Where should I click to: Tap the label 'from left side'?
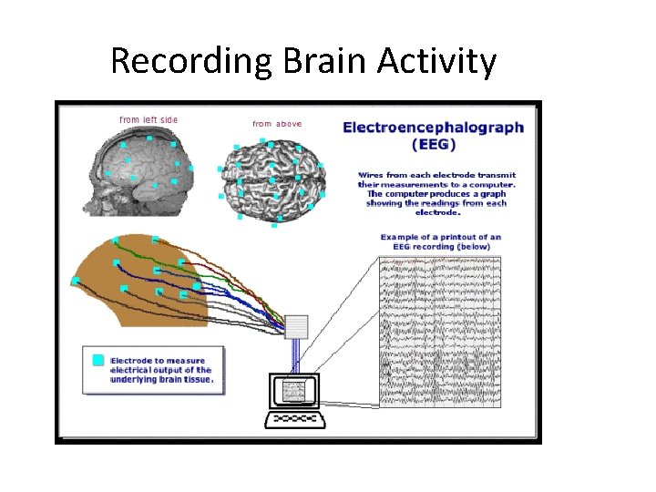coord(149,120)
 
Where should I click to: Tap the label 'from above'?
coord(277,124)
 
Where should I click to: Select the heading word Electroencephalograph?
coord(433,128)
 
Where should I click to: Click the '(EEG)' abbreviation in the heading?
coord(434,144)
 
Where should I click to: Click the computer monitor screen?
coord(293,392)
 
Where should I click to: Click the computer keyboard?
coord(295,420)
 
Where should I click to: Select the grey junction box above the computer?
coord(297,326)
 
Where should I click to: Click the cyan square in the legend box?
coord(98,360)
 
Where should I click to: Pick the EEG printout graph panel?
coord(439,331)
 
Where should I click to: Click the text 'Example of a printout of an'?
coord(440,237)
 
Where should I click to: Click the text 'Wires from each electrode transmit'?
coord(436,174)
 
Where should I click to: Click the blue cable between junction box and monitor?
coord(296,355)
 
